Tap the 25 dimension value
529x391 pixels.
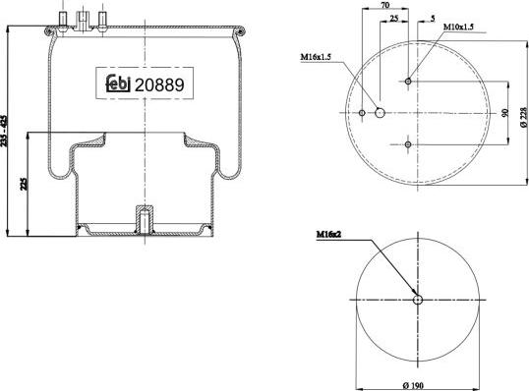[393, 19]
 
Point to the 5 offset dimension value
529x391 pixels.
[433, 19]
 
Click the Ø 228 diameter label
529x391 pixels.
[522, 113]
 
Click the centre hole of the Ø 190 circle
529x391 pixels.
[417, 300]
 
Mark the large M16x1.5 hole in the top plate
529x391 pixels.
[381, 113]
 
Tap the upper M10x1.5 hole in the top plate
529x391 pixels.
[408, 82]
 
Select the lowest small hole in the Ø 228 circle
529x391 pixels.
[408, 144]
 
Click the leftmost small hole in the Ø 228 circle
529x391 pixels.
[362, 113]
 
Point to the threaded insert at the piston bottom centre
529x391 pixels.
[144, 220]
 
